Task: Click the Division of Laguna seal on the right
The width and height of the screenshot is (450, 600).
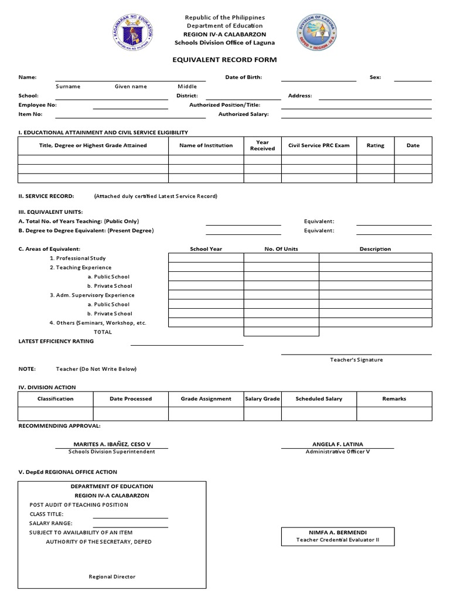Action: [x=316, y=33]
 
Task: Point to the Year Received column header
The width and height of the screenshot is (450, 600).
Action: [x=262, y=145]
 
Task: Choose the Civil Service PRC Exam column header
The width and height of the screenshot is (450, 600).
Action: [x=319, y=145]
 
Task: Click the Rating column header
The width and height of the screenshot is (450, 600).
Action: [x=375, y=145]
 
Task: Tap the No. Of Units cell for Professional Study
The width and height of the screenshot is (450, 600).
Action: [x=281, y=258]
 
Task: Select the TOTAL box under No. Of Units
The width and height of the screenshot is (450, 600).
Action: [x=281, y=332]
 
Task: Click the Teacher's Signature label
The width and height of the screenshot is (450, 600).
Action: [x=356, y=360]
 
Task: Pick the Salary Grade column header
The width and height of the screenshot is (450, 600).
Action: [x=262, y=398]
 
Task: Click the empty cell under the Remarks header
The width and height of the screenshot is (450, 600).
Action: [x=394, y=414]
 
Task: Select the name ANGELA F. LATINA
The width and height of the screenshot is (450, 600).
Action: [x=337, y=444]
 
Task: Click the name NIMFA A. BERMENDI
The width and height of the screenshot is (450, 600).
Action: [x=337, y=532]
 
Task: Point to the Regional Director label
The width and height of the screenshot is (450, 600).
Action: [x=112, y=577]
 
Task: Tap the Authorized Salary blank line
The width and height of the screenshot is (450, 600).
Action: [x=356, y=116]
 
